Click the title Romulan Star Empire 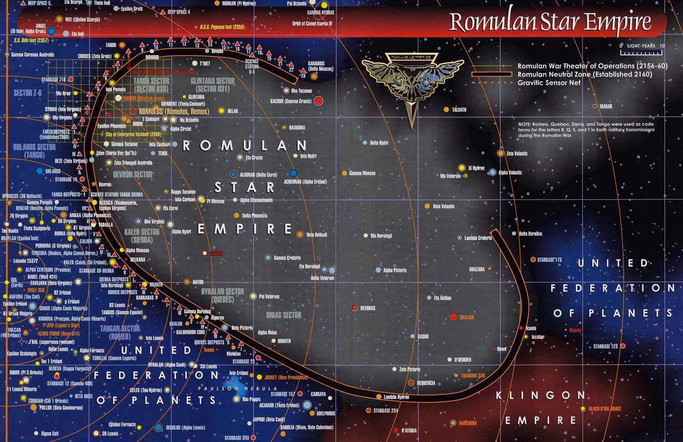pyautogui.click(x=550, y=22)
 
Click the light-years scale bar pyautogui.click(x=641, y=52)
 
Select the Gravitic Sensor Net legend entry pyautogui.click(x=549, y=83)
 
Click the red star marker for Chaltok pyautogui.click(x=454, y=317)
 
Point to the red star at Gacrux pyautogui.click(x=319, y=101)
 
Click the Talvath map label pyautogui.click(x=459, y=110)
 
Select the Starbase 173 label pyautogui.click(x=549, y=260)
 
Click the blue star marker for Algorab pyautogui.click(x=234, y=174)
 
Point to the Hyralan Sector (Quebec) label pyautogui.click(x=223, y=295)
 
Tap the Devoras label pyautogui.click(x=367, y=308)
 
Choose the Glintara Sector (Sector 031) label pyautogui.click(x=213, y=85)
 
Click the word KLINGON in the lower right pyautogui.click(x=540, y=396)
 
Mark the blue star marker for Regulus pyautogui.click(x=158, y=427)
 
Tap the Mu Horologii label pyautogui.click(x=381, y=236)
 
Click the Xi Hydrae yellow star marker pyautogui.click(x=462, y=168)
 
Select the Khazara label pyautogui.click(x=477, y=269)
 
